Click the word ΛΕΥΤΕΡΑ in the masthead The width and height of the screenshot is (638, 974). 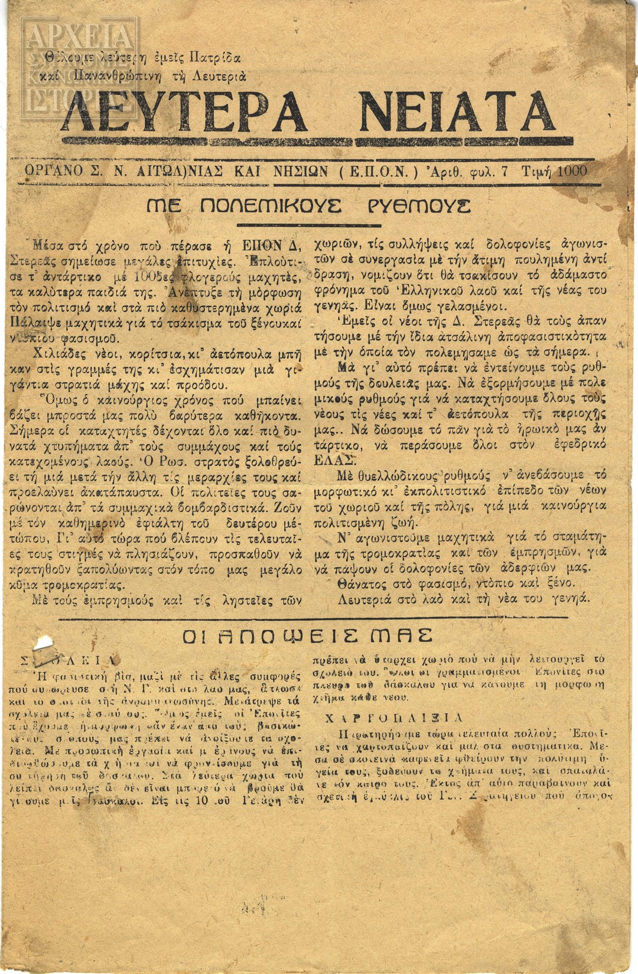pyautogui.click(x=184, y=112)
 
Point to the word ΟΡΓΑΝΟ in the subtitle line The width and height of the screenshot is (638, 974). pyautogui.click(x=54, y=171)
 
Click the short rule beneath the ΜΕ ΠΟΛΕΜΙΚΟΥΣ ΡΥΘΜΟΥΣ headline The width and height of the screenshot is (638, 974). pyautogui.click(x=308, y=224)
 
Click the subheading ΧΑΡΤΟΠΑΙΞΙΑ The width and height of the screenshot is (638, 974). pyautogui.click(x=394, y=718)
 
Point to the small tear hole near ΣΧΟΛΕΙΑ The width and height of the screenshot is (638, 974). pyautogui.click(x=44, y=643)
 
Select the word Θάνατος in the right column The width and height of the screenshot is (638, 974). pyautogui.click(x=362, y=583)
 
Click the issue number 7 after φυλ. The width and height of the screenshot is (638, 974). pyautogui.click(x=504, y=171)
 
